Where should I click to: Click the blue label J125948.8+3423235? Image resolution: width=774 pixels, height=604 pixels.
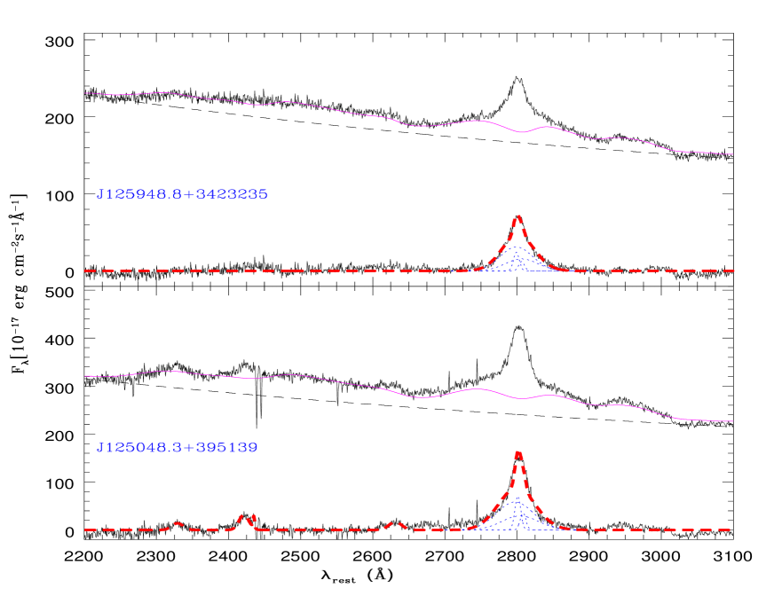(x=182, y=193)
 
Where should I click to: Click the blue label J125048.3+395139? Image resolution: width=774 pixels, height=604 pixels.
(x=177, y=448)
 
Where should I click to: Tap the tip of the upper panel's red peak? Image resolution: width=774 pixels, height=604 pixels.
(x=517, y=216)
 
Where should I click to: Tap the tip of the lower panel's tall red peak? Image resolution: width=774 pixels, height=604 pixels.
(x=517, y=453)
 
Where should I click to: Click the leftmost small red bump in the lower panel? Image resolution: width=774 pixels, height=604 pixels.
(x=178, y=524)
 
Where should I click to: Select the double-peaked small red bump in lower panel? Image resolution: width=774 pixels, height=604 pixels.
(x=247, y=517)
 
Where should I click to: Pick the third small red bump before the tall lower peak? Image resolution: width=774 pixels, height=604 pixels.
(x=397, y=524)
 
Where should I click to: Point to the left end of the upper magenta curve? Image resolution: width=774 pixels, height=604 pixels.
(x=86, y=92)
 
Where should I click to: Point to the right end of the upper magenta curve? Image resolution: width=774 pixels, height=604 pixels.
(x=732, y=154)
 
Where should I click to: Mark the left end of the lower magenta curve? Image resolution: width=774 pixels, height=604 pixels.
(x=86, y=376)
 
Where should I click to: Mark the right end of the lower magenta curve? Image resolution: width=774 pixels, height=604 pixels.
(x=732, y=421)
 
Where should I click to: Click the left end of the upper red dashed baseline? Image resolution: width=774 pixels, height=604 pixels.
(x=86, y=271)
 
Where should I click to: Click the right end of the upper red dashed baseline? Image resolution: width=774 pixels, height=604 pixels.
(x=733, y=271)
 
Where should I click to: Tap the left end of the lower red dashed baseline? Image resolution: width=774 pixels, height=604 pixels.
(x=86, y=529)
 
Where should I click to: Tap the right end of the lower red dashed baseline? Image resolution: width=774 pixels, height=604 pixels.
(x=730, y=529)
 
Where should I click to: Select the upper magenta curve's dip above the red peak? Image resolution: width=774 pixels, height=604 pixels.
(x=522, y=132)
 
